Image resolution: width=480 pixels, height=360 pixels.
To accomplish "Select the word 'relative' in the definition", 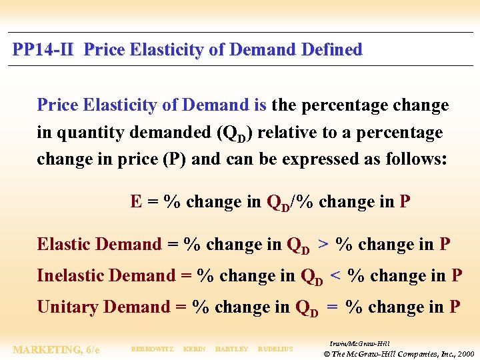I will [x=287, y=133].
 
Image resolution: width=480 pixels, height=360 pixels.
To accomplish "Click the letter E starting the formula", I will [x=136, y=202].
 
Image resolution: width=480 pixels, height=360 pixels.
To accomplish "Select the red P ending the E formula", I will [x=405, y=202].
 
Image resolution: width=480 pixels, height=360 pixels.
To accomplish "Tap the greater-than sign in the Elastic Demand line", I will [x=323, y=245].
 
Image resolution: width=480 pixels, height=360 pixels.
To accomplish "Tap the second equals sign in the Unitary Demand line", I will [x=332, y=307].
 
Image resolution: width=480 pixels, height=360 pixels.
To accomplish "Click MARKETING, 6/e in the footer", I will [x=57, y=349].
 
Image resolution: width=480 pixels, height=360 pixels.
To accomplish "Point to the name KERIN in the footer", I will [x=194, y=349].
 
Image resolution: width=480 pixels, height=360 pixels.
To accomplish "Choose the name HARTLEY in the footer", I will [x=232, y=349].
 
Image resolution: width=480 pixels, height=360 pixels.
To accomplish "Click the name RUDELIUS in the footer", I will [x=275, y=349].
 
